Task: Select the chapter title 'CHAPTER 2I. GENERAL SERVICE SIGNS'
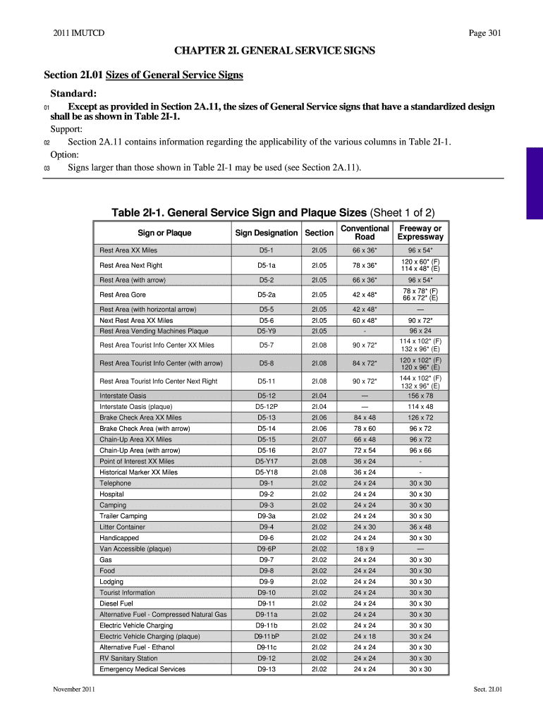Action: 270,51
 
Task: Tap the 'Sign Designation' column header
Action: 267,233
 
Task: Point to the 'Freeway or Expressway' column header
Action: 420,233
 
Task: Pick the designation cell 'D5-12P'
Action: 267,407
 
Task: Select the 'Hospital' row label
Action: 112,494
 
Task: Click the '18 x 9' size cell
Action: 365,549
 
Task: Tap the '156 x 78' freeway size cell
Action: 420,396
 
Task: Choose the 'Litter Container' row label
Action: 123,527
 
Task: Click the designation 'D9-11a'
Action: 267,614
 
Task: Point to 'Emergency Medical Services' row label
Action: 142,669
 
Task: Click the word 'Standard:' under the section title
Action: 73,94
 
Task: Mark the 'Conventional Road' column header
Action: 365,233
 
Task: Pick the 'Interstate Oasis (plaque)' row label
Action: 136,407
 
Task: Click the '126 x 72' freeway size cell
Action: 420,417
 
